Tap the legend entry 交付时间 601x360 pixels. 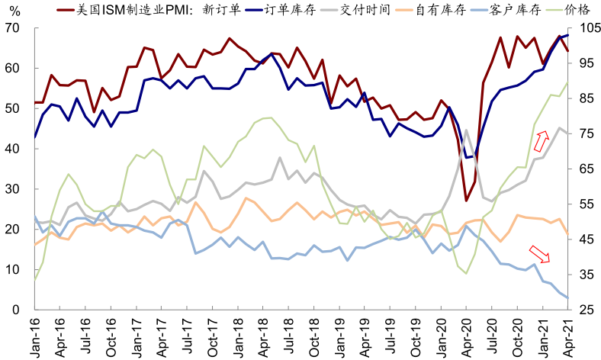[x=365, y=11]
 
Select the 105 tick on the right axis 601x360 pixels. [x=583, y=28]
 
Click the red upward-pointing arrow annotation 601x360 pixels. [x=541, y=141]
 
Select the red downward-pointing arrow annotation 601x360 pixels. [x=538, y=253]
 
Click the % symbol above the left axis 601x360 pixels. [x=12, y=11]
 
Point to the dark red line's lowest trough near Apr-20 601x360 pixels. [x=466, y=201]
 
